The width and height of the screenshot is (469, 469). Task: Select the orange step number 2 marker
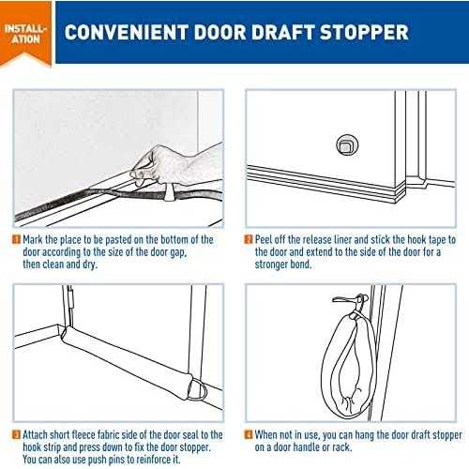coord(250,240)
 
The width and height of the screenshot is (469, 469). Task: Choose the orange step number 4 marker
coord(250,434)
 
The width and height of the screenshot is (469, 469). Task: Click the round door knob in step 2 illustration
coord(347,144)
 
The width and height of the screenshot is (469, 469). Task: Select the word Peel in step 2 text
coord(266,240)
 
